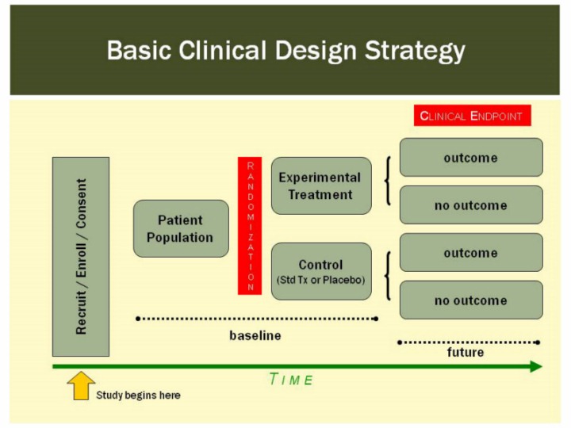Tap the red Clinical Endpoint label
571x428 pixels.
[x=472, y=116]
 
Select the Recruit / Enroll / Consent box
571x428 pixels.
[x=81, y=256]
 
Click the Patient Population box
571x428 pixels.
[x=181, y=228]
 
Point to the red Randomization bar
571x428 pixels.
[x=250, y=226]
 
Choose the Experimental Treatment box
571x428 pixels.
[x=321, y=185]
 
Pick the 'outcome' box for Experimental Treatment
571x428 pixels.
[x=471, y=157]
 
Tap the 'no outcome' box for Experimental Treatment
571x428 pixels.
[x=471, y=205]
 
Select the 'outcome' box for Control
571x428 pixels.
[x=471, y=253]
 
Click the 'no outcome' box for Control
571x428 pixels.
[x=471, y=300]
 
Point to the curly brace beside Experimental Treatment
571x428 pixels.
[x=387, y=182]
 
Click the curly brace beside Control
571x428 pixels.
[x=387, y=276]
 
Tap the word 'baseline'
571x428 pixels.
[x=255, y=335]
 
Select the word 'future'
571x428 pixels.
[x=466, y=353]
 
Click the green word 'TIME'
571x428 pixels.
[x=291, y=380]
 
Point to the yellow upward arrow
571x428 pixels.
[x=81, y=386]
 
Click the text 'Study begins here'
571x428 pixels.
[x=138, y=395]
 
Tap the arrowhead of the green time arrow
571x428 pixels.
[x=535, y=366]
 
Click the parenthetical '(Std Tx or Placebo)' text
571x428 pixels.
[x=321, y=280]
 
